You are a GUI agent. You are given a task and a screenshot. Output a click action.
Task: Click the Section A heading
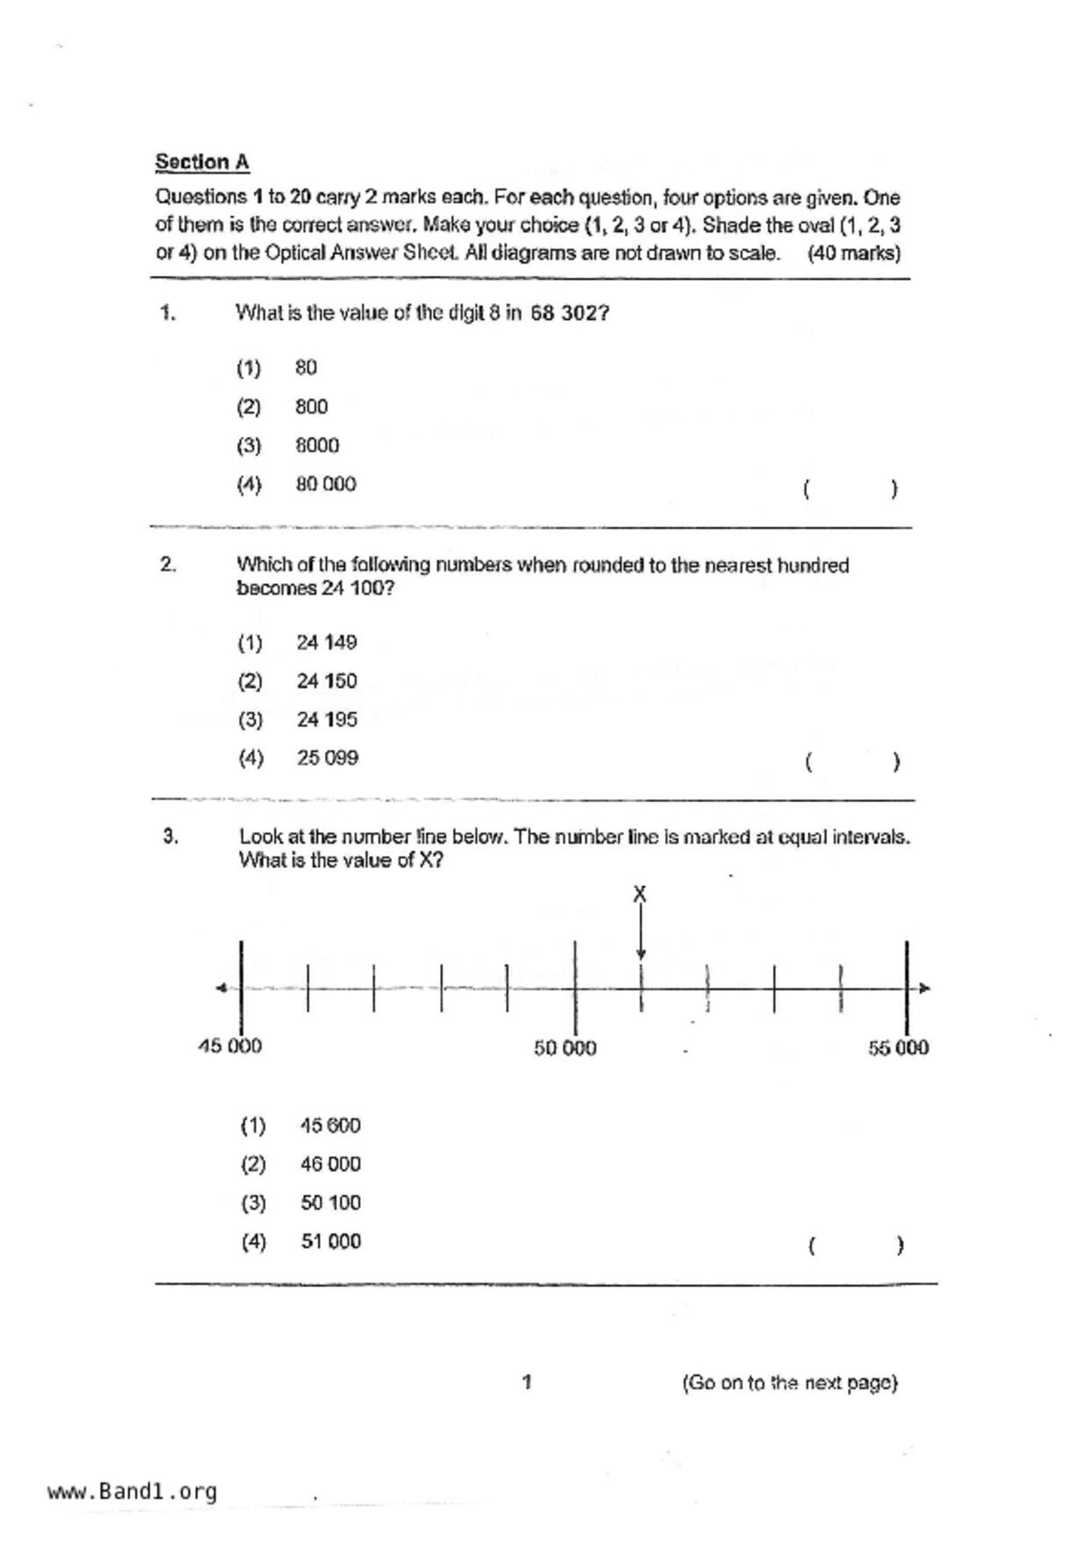coord(202,163)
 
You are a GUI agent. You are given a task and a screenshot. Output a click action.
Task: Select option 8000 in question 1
coord(317,445)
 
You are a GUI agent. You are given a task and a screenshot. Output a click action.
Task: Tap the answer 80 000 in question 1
coord(326,484)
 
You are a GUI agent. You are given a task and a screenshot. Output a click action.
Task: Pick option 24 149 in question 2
coord(327,642)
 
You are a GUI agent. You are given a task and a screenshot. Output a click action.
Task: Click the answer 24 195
coord(327,720)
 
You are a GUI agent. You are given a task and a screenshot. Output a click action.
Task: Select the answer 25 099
coord(328,757)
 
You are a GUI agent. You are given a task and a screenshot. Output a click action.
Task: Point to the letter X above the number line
coord(640,893)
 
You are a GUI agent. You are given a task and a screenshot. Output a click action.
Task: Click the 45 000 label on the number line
coord(230,1045)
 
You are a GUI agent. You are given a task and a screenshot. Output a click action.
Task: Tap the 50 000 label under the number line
coord(565,1048)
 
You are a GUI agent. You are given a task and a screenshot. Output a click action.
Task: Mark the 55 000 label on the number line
coord(898,1047)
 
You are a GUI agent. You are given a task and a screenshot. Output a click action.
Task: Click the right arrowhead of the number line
coord(924,988)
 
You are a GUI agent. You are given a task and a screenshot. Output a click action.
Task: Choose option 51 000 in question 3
coord(330,1241)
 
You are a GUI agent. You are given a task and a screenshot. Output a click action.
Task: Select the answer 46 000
coord(330,1164)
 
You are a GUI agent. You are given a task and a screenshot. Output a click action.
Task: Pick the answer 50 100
coord(330,1203)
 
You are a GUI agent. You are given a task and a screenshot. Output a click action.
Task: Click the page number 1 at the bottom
coord(527,1382)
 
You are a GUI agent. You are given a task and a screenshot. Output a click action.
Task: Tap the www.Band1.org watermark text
coord(132,1492)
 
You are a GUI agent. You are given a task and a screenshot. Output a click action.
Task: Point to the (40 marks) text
coord(854,254)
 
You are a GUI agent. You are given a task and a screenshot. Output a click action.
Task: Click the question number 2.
coord(168,565)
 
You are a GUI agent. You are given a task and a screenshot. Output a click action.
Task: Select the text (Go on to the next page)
coord(789,1383)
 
